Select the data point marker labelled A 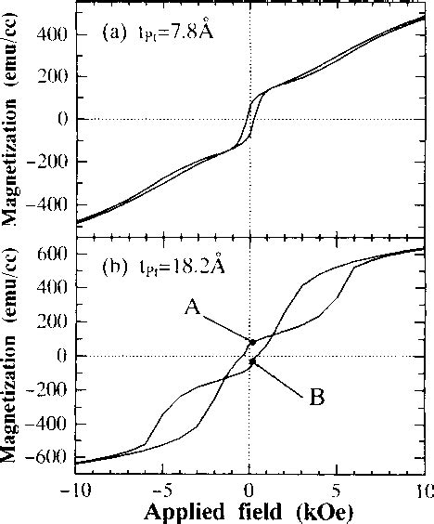(x=251, y=342)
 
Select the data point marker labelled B (x=252, y=361)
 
